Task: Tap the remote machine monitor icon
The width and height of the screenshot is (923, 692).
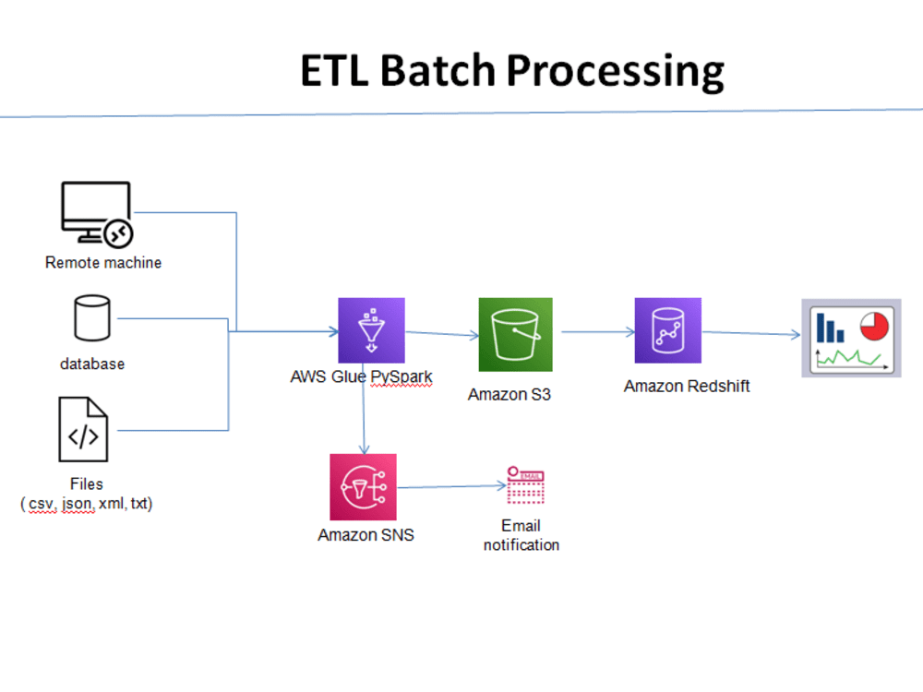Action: point(97,214)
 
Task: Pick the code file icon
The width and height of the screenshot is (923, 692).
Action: point(84,430)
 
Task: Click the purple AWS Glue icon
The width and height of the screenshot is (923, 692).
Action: point(371,330)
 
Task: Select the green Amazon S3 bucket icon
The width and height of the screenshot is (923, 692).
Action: point(515,334)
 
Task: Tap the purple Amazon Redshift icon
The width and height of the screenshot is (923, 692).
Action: point(667,330)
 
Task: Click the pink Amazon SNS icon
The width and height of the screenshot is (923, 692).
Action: point(363,486)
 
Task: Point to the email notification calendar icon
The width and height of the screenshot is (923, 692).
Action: point(525,486)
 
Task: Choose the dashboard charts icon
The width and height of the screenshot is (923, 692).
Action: point(850,338)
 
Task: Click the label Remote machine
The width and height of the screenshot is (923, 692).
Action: point(103,263)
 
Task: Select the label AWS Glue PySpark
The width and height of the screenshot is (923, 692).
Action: point(361,377)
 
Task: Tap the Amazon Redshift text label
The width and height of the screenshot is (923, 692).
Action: point(687,387)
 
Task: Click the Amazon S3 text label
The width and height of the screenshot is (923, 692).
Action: point(509,395)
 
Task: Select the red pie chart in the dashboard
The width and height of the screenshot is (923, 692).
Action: point(872,325)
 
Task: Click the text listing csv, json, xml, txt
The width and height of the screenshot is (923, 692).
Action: point(87,504)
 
